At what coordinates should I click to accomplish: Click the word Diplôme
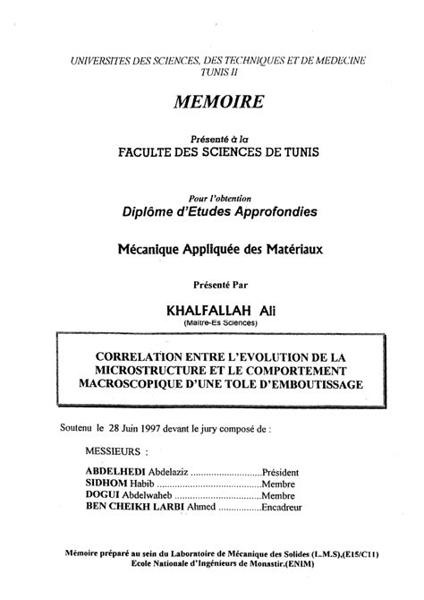coord(152,211)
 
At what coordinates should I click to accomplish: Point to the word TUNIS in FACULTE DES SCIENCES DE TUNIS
coord(299,153)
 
